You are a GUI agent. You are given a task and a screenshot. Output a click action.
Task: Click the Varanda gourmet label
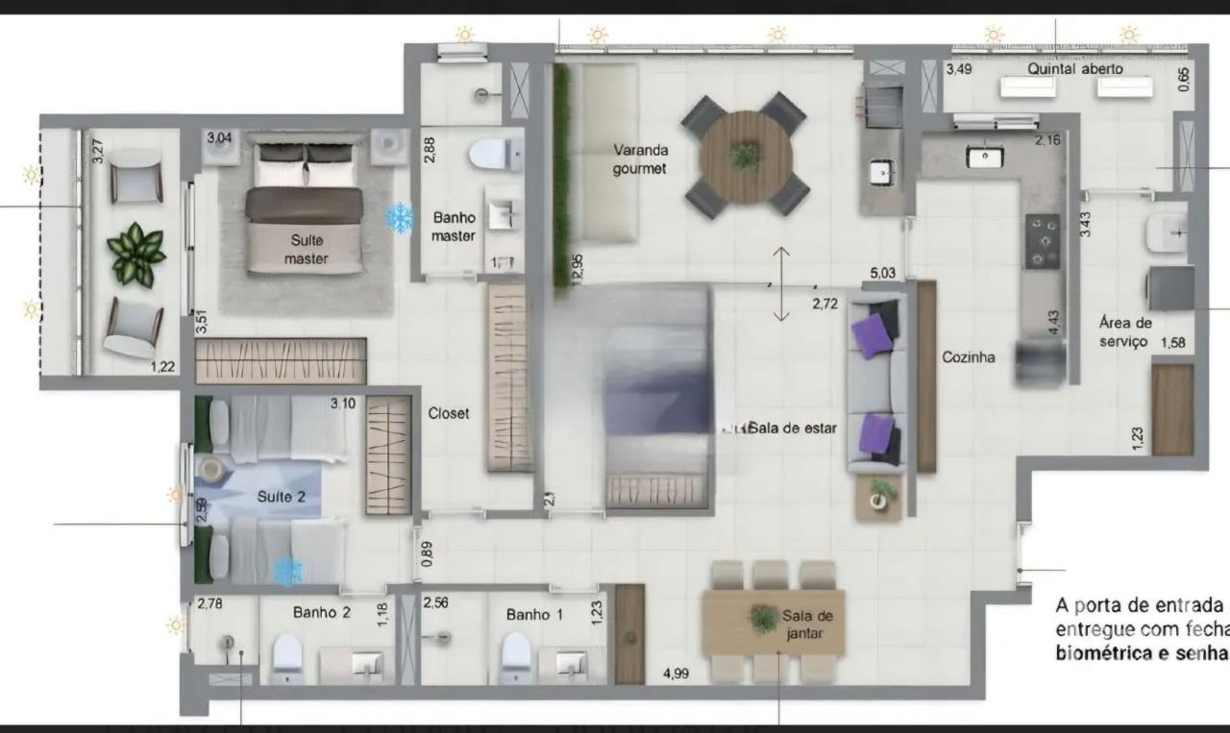coord(641,159)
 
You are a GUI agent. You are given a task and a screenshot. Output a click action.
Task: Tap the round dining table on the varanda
coord(745,157)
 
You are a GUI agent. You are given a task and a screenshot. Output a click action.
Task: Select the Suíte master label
coord(307,249)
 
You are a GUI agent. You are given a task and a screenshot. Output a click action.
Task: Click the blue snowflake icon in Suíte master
coord(399,218)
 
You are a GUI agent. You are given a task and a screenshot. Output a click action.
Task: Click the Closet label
coord(449,413)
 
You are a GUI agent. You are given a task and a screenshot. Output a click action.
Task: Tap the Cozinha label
coord(968,356)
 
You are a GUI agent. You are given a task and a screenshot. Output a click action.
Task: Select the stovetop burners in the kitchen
coord(1042,241)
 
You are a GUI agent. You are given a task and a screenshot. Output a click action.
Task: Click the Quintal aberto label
coord(1074,69)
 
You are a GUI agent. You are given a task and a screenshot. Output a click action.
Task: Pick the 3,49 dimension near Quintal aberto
coord(958,69)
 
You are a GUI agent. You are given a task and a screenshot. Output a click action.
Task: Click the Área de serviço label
coord(1125,332)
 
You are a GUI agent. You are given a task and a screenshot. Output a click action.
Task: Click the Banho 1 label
coord(534,614)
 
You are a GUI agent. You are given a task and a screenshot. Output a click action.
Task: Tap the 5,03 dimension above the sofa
coord(882,274)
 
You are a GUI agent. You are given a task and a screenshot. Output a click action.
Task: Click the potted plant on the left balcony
coord(135,255)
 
